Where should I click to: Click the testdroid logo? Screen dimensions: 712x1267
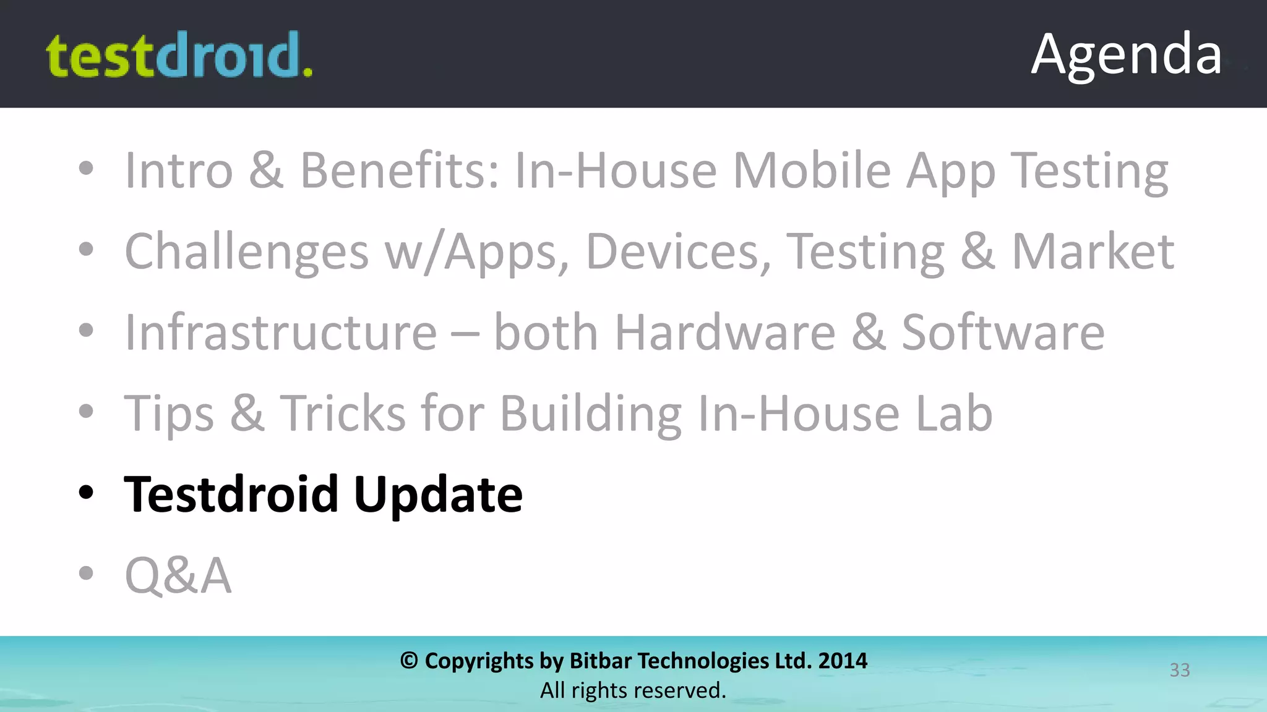pos(179,56)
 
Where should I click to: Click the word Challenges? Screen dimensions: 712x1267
pos(246,252)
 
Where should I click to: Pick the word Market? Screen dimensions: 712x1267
pos(1093,252)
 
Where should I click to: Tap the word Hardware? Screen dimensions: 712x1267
pos(724,333)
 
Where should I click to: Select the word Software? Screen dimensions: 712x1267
pos(1002,333)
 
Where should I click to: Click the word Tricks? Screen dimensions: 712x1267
pos(343,413)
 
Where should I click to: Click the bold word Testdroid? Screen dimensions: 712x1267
pos(231,494)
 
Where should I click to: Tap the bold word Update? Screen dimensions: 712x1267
pos(438,494)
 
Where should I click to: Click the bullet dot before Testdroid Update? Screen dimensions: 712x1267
pos(86,493)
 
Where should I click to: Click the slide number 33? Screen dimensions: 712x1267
pos(1179,670)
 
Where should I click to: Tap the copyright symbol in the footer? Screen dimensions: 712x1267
pos(409,661)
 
